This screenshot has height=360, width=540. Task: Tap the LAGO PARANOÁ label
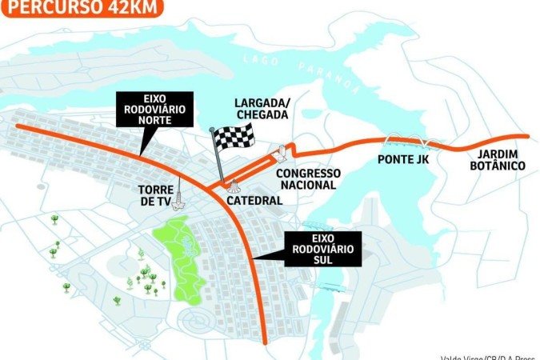(311, 71)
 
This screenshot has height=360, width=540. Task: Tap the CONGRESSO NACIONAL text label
(308, 178)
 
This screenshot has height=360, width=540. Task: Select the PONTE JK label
(404, 158)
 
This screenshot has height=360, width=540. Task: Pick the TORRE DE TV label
(156, 195)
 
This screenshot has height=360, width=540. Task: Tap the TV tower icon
(180, 194)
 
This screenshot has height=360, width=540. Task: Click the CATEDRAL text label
(254, 200)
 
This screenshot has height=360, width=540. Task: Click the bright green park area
(181, 256)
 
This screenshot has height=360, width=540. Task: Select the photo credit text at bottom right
(488, 355)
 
